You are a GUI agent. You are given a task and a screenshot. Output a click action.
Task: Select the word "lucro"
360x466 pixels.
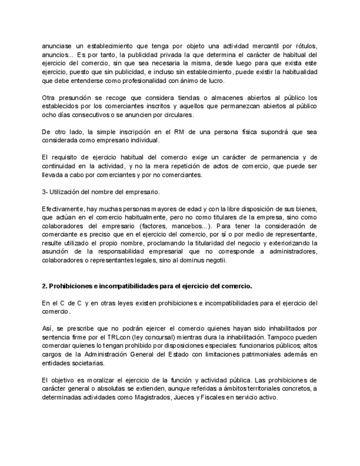click(x=214, y=81)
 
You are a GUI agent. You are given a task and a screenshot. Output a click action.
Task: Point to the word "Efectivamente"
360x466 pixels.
click(x=62, y=209)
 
